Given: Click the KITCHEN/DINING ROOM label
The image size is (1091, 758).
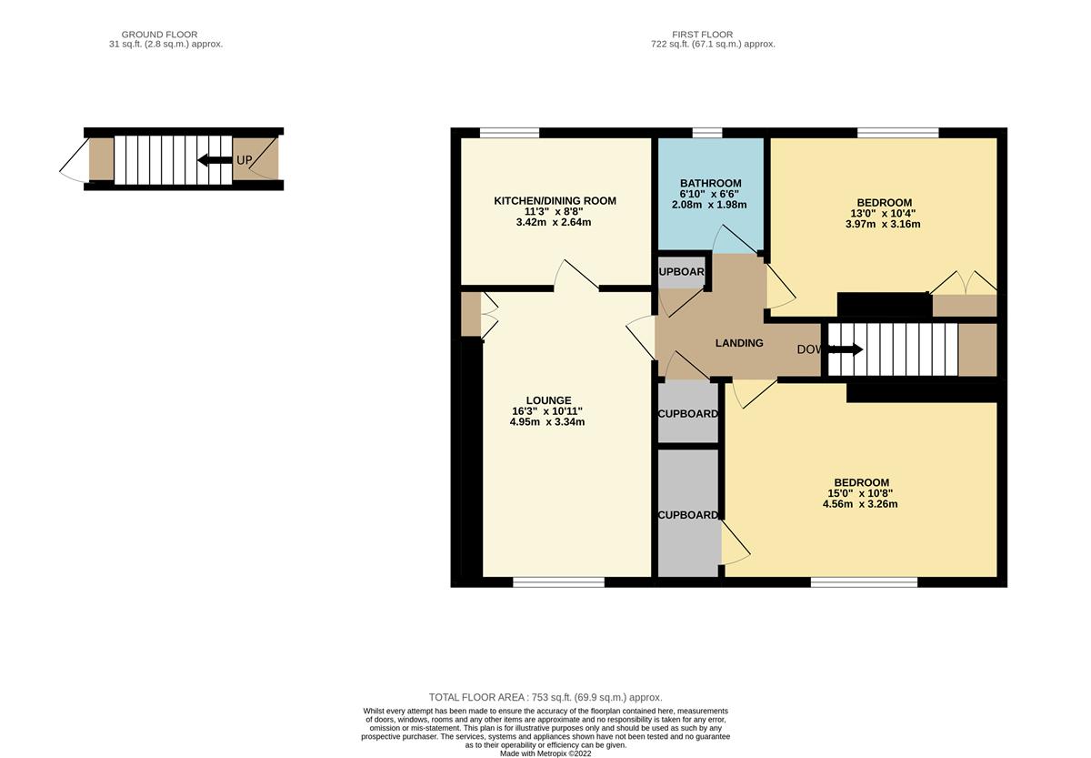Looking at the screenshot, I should (x=555, y=201).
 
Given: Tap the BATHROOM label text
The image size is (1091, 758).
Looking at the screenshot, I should (x=710, y=184).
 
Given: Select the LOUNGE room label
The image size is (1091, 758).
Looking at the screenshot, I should (x=548, y=400).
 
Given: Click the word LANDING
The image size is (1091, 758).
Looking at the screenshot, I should (x=738, y=343).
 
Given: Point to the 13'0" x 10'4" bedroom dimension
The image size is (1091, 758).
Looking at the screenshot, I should (x=884, y=214).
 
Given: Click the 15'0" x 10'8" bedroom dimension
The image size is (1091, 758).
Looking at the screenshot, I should (x=861, y=493).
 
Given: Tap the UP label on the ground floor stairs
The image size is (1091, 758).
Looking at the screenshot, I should (x=244, y=160).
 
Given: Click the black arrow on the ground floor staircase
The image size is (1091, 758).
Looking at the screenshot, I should (x=215, y=160).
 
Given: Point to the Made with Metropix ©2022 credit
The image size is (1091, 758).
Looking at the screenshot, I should (x=545, y=753).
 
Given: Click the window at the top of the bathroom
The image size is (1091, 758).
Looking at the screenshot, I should (x=706, y=134).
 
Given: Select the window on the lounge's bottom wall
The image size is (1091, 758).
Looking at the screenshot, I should (x=558, y=582).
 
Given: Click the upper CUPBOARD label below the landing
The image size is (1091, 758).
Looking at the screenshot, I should (x=688, y=414).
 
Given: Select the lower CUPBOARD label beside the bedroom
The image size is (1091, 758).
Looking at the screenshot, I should (x=688, y=515).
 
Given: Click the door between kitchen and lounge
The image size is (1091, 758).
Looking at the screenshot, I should (x=576, y=278).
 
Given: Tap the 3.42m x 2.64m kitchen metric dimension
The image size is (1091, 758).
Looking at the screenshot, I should (x=555, y=222).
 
